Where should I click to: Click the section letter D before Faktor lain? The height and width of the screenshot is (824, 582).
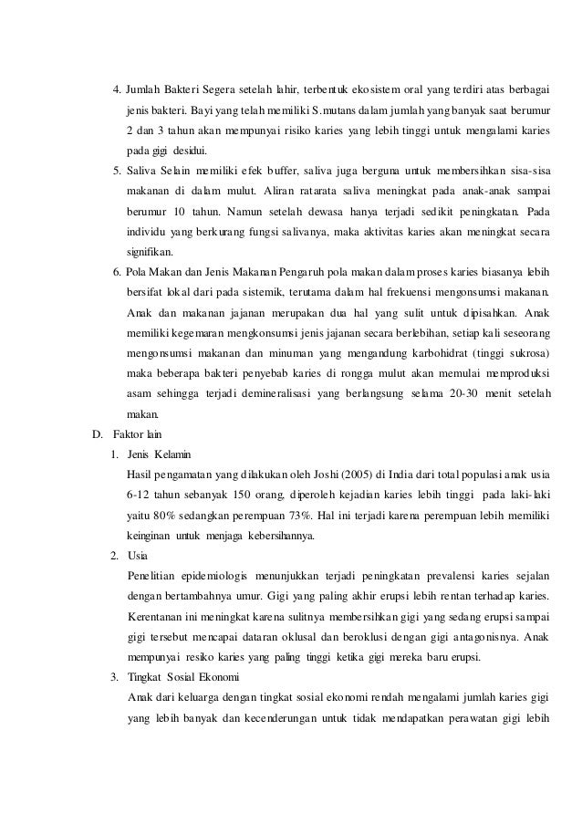(x=87, y=433)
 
